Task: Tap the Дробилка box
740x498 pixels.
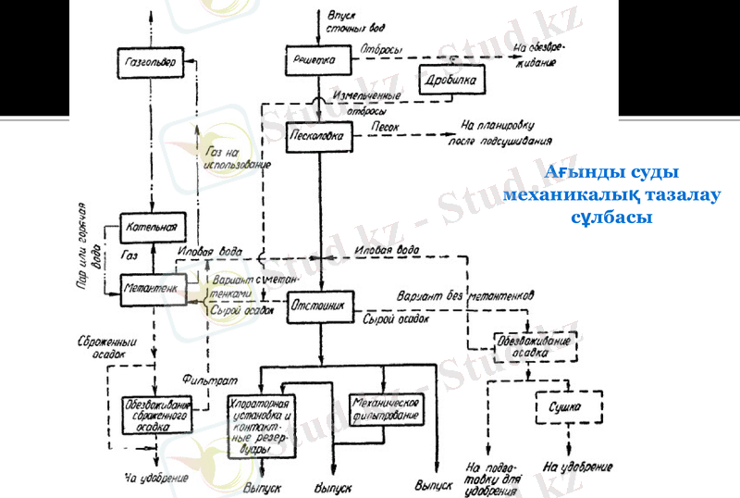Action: [453, 81]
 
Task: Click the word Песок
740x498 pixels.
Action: [386, 123]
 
